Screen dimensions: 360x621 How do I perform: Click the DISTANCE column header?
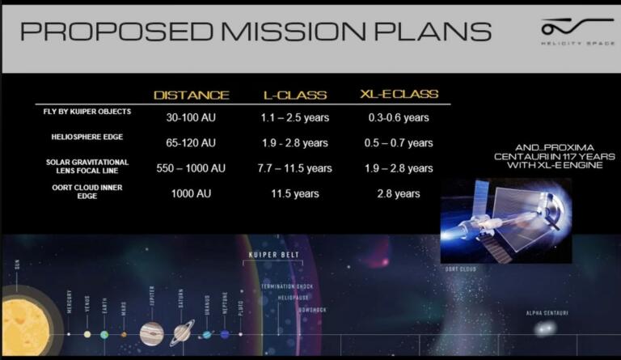[192, 95]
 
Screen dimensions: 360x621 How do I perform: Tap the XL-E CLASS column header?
[399, 95]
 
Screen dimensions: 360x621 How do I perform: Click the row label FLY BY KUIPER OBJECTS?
[87, 111]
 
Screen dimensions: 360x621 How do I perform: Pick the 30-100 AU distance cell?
[191, 118]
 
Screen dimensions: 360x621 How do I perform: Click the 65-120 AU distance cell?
[191, 143]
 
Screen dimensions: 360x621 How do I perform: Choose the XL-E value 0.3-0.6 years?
[400, 118]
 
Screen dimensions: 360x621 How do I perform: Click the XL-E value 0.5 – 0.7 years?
[399, 143]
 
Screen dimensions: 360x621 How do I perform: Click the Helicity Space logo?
[568, 32]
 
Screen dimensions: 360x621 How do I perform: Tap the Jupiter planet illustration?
[151, 332]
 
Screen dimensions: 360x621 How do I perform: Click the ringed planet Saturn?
[181, 332]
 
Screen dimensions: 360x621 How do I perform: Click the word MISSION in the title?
[308, 32]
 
